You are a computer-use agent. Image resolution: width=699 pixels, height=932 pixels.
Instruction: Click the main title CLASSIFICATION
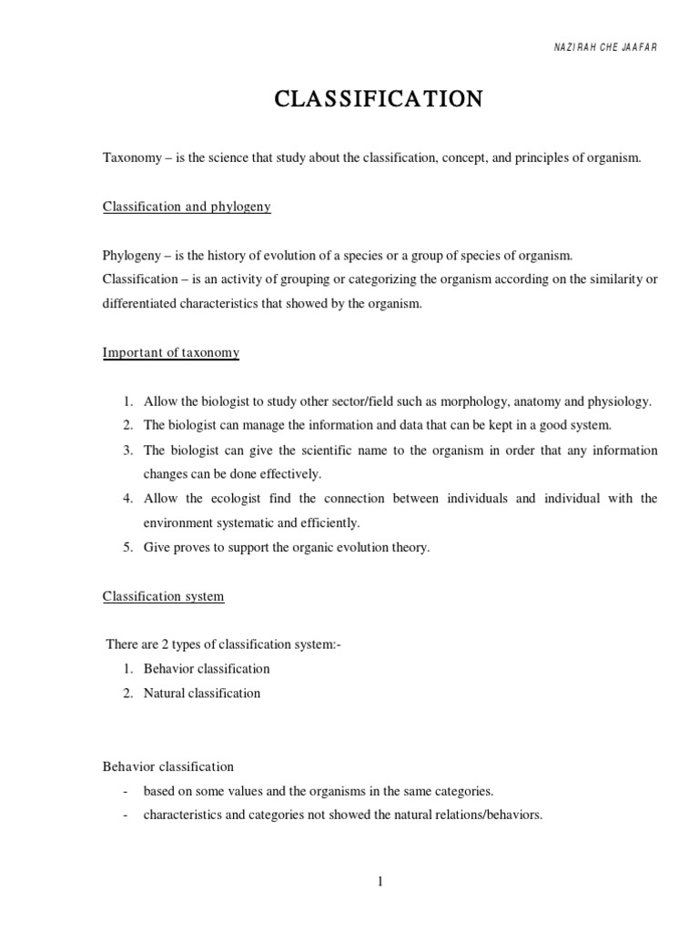[x=379, y=99]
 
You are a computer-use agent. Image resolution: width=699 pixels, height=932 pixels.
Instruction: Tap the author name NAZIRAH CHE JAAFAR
[x=605, y=47]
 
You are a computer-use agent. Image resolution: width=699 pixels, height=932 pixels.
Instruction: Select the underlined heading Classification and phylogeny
[x=187, y=207]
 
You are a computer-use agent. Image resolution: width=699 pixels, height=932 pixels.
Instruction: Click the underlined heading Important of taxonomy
[x=170, y=352]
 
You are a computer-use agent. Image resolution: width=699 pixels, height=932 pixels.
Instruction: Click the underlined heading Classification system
[x=163, y=596]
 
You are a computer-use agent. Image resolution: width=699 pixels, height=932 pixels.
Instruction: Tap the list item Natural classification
[x=201, y=693]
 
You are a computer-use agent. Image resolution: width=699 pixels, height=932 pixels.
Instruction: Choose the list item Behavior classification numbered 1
[x=207, y=669]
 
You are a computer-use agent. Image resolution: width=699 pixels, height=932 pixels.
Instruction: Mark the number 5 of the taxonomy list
[x=129, y=548]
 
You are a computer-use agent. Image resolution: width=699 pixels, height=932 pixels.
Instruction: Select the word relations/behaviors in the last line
[x=491, y=815]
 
